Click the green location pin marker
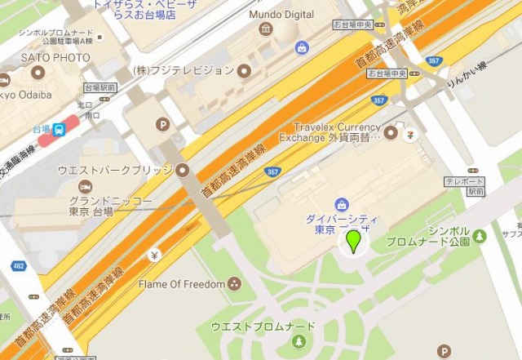[353, 242]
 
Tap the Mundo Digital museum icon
[266, 30]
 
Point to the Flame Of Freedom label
[181, 284]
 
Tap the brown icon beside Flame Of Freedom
[235, 284]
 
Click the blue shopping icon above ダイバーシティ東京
[342, 203]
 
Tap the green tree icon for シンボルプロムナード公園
[480, 236]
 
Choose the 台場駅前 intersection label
[99, 87]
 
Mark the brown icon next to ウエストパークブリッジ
[183, 170]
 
